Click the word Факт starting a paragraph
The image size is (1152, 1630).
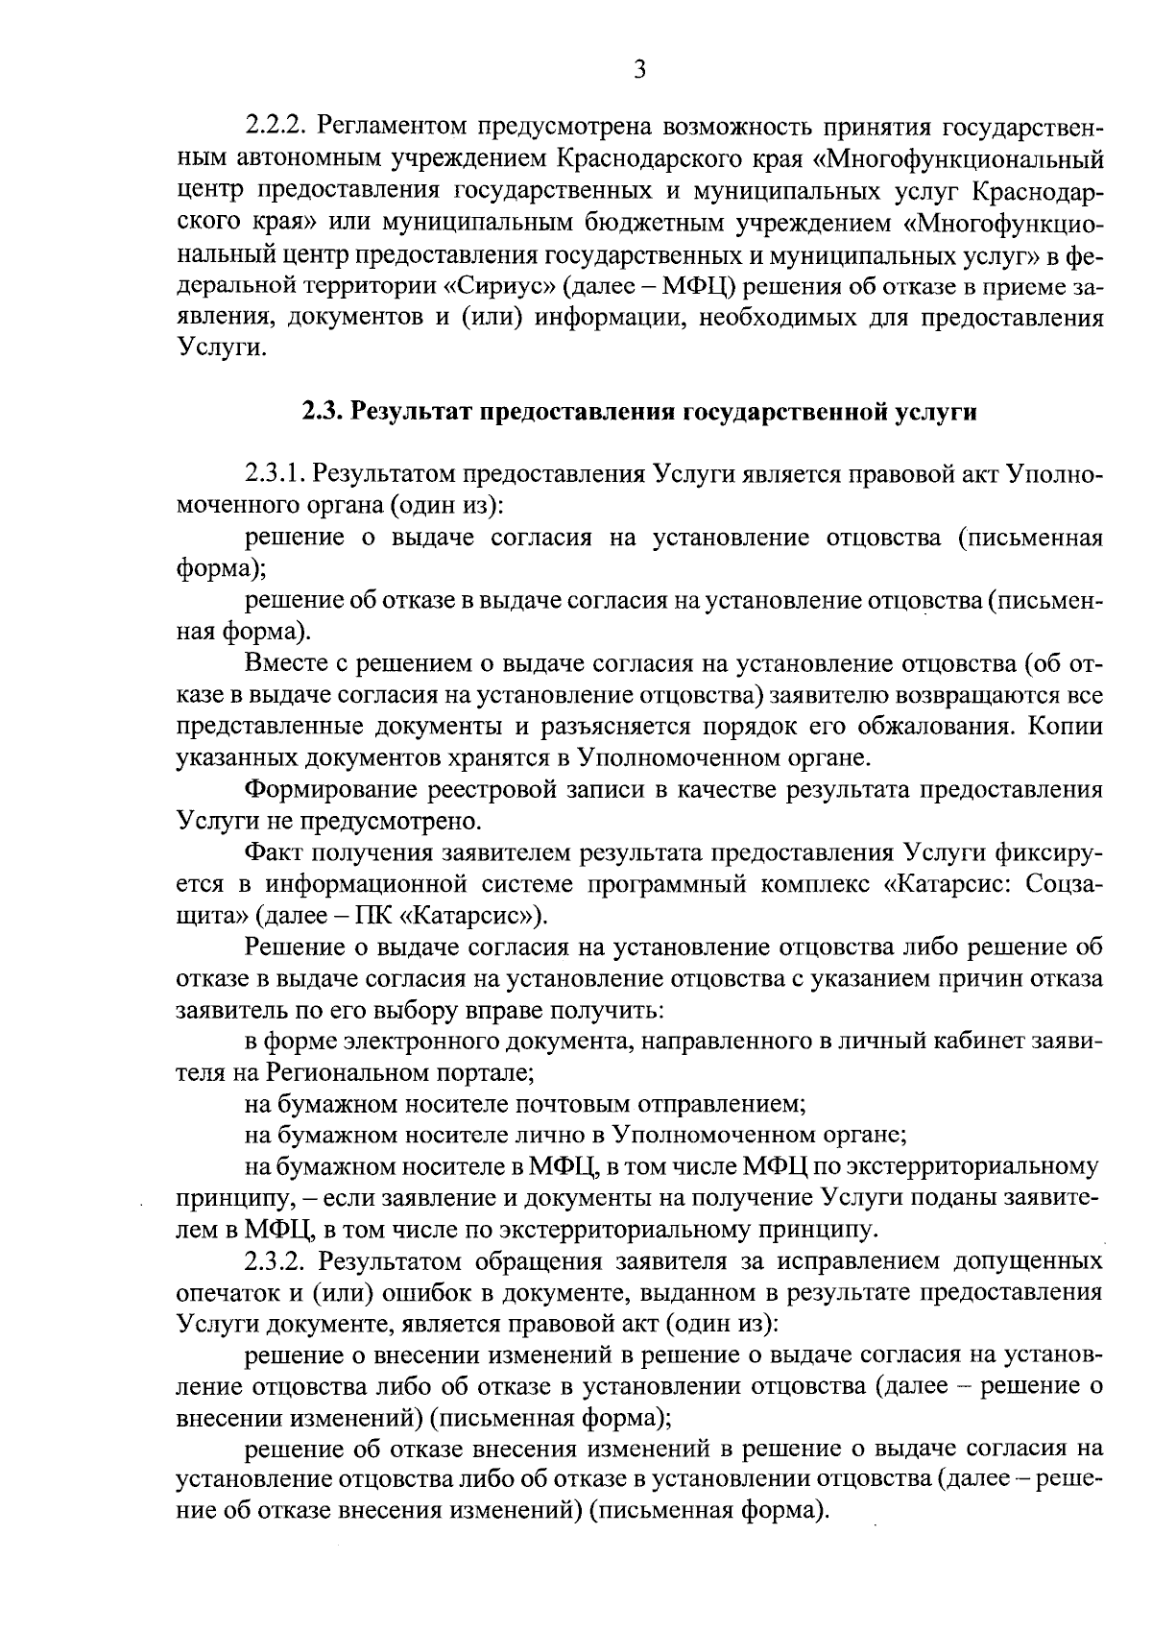[273, 853]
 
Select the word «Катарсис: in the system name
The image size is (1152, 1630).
[944, 884]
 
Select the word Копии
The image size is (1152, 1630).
[1065, 727]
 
